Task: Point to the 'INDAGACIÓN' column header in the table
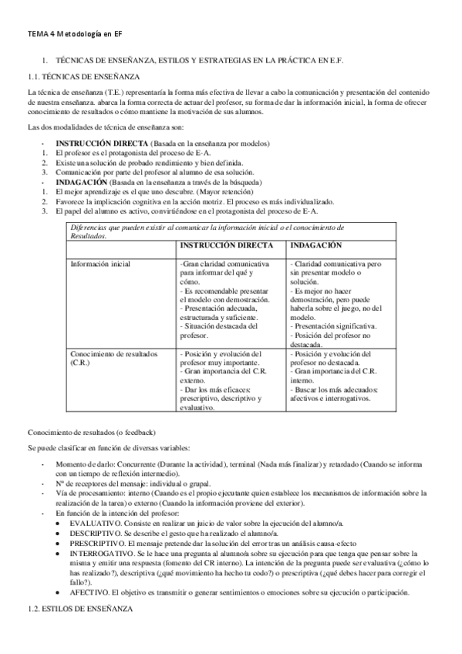click(x=315, y=244)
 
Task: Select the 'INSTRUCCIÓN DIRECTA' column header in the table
click(x=226, y=244)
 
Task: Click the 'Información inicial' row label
click(x=100, y=265)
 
